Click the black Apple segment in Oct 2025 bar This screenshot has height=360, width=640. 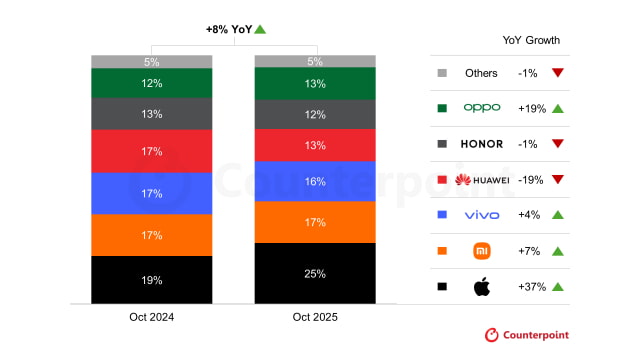coord(315,273)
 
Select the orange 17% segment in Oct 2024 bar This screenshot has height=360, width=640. coord(151,235)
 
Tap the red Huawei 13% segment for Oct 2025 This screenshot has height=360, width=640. coord(315,145)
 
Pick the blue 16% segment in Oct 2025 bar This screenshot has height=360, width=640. coord(315,182)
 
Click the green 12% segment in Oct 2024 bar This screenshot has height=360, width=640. coord(151,83)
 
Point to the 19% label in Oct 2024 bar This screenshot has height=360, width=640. coord(151,280)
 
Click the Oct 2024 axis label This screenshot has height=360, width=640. coord(151,317)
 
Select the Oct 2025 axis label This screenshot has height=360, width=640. coord(315,317)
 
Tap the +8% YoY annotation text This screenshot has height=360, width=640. coord(228,30)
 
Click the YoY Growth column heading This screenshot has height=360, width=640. coord(531,40)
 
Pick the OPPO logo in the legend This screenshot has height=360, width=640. coord(481,108)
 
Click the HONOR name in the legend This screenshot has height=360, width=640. coord(481,144)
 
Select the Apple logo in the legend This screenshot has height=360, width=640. coord(481,287)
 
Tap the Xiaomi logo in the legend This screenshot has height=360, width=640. coord(481,251)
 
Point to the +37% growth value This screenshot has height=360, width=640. coord(532,287)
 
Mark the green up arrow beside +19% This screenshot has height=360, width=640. coord(558,108)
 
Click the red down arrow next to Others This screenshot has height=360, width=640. coord(558,73)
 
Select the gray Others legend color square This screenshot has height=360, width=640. coord(441,73)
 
